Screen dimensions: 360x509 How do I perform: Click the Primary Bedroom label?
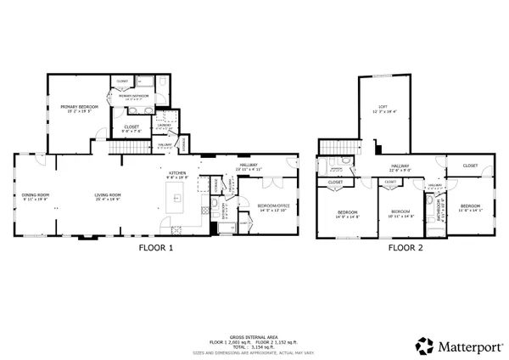tap(79, 108)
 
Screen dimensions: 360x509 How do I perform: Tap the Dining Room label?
tap(36, 195)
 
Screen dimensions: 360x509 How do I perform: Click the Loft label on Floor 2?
tap(383, 106)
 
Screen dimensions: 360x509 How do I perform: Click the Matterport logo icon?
tap(423, 346)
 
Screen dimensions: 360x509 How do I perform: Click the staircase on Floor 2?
tap(329, 165)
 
